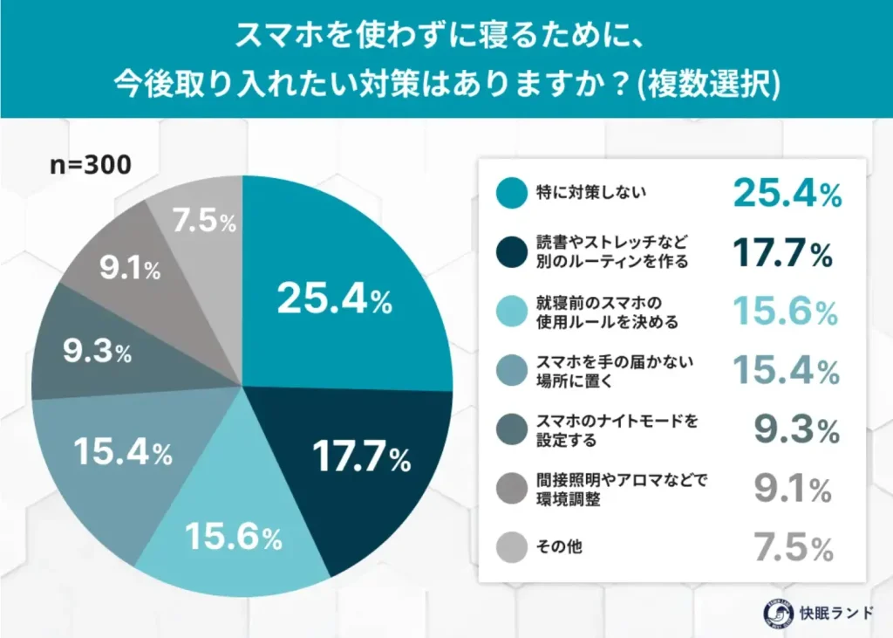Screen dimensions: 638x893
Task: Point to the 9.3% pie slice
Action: coord(96,353)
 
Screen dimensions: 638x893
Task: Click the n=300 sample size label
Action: coord(91,165)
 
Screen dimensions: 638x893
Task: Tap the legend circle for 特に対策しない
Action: coord(510,194)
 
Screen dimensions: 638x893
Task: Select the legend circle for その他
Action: coord(510,547)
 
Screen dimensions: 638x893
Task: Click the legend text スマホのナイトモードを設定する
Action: coord(610,430)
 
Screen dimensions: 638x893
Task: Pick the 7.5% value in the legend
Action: coord(794,548)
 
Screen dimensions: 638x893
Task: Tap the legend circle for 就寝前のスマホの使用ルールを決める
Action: coord(510,312)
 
